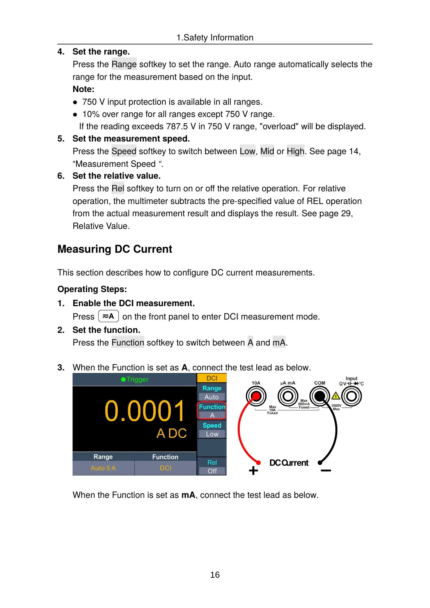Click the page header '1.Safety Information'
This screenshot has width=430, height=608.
point(215,38)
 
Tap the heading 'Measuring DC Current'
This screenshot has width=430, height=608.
point(115,249)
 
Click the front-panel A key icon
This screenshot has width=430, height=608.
point(109,316)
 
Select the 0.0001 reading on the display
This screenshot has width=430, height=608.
point(144,411)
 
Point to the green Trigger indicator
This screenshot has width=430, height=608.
point(135,379)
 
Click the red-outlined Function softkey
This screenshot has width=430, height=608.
point(212,411)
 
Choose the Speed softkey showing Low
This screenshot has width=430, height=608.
point(212,430)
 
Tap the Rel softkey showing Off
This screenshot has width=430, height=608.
point(212,466)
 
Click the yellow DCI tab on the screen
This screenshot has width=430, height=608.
point(212,378)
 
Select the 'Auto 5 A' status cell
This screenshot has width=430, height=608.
point(103,468)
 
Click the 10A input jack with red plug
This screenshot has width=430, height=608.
point(256,396)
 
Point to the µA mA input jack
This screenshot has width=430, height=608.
point(288,396)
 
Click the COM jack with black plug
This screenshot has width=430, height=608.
point(320,396)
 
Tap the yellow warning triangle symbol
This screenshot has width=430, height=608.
point(336,396)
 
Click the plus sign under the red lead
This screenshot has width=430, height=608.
point(253,470)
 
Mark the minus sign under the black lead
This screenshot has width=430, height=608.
point(326,470)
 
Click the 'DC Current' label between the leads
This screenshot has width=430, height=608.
point(289,463)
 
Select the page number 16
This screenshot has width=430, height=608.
point(215,575)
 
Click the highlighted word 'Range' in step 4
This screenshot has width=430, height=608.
point(124,64)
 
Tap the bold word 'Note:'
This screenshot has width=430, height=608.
point(83,89)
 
